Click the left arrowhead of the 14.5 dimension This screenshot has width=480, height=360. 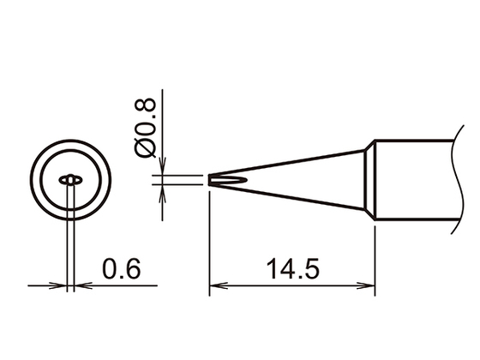click(215, 286)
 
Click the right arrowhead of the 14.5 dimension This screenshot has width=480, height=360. click(370, 286)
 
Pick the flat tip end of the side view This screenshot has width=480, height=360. click(210, 180)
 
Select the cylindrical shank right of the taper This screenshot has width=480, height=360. click(411, 180)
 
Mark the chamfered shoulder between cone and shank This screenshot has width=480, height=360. click(370, 180)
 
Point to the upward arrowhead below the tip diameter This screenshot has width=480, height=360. click(164, 191)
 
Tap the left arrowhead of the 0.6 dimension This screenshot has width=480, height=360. click(60, 286)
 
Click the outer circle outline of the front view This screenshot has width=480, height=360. click(33, 180)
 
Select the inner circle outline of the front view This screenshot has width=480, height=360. click(44, 180)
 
